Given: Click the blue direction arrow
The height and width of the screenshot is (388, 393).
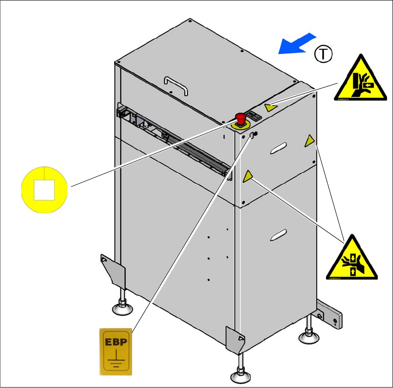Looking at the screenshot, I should [x=297, y=44].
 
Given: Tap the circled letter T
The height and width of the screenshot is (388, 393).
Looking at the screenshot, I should [x=323, y=54].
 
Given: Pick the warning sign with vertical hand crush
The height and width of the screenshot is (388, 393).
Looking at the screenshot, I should [x=351, y=258].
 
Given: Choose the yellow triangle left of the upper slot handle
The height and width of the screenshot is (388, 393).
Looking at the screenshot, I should [x=248, y=175].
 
